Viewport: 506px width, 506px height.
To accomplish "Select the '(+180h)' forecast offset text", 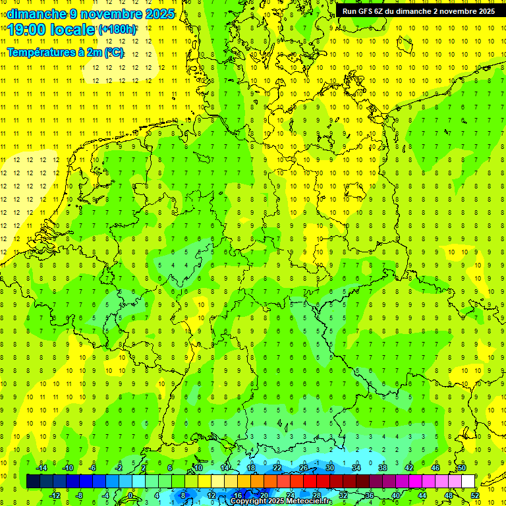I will click(x=117, y=30).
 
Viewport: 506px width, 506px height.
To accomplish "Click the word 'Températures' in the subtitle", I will click(x=38, y=53).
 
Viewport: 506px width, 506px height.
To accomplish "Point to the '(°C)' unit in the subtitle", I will click(x=113, y=53).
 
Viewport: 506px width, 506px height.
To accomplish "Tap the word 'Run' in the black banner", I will click(x=350, y=11).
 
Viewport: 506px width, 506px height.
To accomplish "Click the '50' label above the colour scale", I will click(x=462, y=468).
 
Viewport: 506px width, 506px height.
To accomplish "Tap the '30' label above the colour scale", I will click(x=330, y=468).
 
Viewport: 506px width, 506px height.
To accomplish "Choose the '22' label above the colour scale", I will click(x=277, y=468).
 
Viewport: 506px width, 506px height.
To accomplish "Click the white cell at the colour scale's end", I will click(x=468, y=482).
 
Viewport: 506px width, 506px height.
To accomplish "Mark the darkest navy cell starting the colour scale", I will click(x=33, y=482).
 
